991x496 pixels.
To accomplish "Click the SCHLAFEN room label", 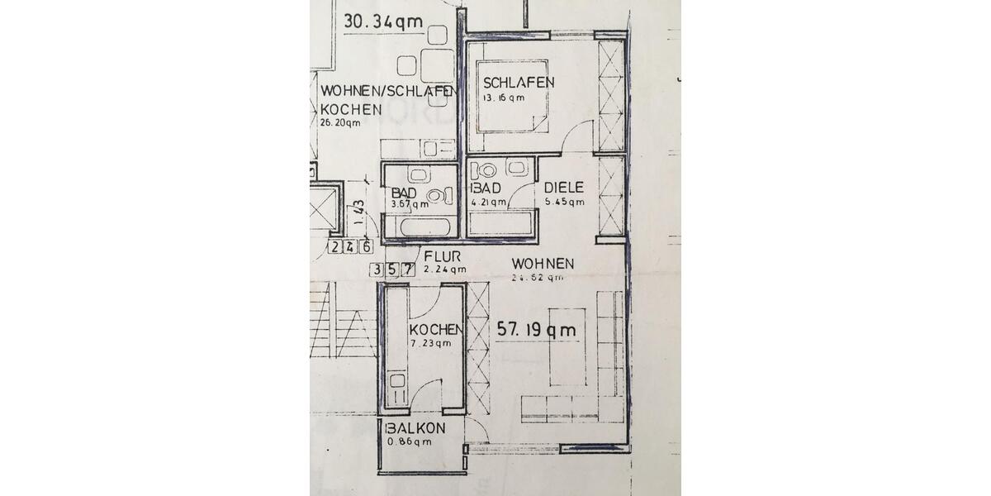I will click(518, 83).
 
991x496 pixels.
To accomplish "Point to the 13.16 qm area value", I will click(504, 98).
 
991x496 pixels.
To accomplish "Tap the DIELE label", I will click(564, 187).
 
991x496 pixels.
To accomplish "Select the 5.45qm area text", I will click(564, 201).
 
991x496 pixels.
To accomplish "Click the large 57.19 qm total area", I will click(536, 329).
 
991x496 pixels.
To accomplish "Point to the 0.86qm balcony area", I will click(410, 442).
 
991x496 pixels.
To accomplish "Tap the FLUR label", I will click(442, 255).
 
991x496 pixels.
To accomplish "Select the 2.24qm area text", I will click(444, 269).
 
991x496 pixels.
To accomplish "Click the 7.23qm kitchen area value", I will click(430, 343).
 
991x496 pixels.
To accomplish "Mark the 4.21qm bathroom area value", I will click(488, 201).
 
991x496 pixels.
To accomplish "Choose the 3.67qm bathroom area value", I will click(410, 204).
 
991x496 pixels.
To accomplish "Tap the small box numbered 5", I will click(392, 269).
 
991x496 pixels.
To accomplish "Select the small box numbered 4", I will click(351, 246).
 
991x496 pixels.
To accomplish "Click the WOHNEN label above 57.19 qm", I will click(543, 264).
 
